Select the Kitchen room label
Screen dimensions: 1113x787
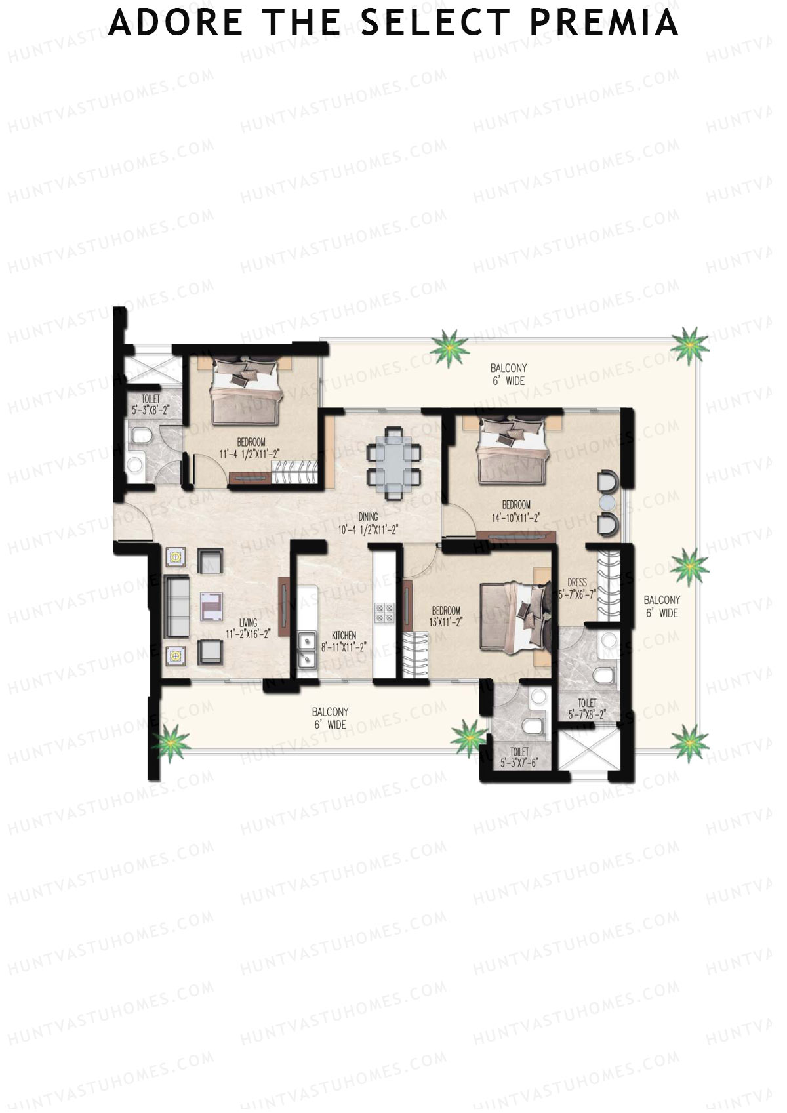coord(344,635)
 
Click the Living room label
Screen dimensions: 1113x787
coord(248,622)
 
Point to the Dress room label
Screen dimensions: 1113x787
coord(577,582)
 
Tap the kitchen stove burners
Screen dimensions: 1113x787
coord(384,612)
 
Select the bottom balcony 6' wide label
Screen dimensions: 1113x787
coord(329,718)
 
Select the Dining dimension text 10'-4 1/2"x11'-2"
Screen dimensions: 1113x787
coord(368,529)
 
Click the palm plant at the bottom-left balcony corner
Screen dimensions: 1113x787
coord(171,742)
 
